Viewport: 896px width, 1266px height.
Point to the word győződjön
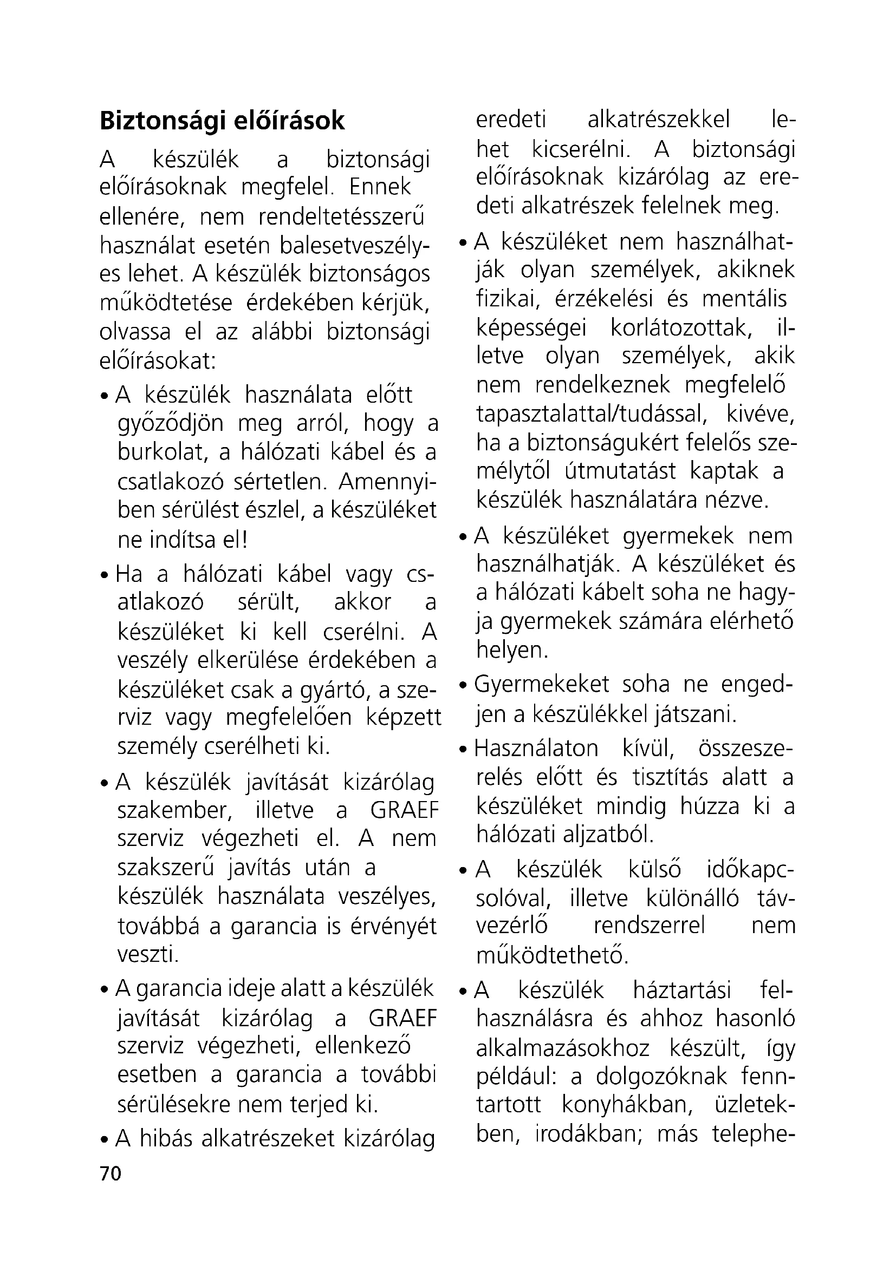click(x=171, y=424)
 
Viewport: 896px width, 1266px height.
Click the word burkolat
click(x=162, y=452)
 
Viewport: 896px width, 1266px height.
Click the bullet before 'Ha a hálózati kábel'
click(x=104, y=576)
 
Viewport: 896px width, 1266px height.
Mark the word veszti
click(x=148, y=953)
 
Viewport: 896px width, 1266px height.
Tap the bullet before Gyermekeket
click(x=464, y=685)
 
